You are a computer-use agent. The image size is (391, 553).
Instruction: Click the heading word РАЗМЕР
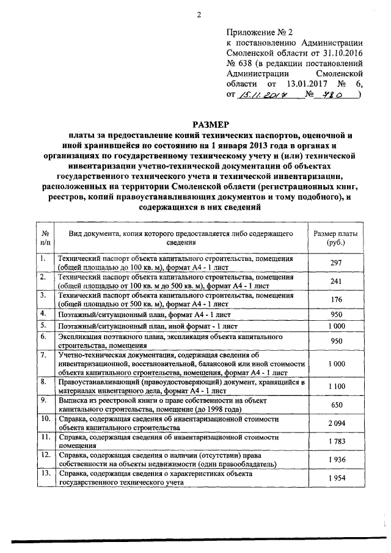(x=197, y=125)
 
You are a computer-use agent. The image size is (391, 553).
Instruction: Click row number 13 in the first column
(x=45, y=473)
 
